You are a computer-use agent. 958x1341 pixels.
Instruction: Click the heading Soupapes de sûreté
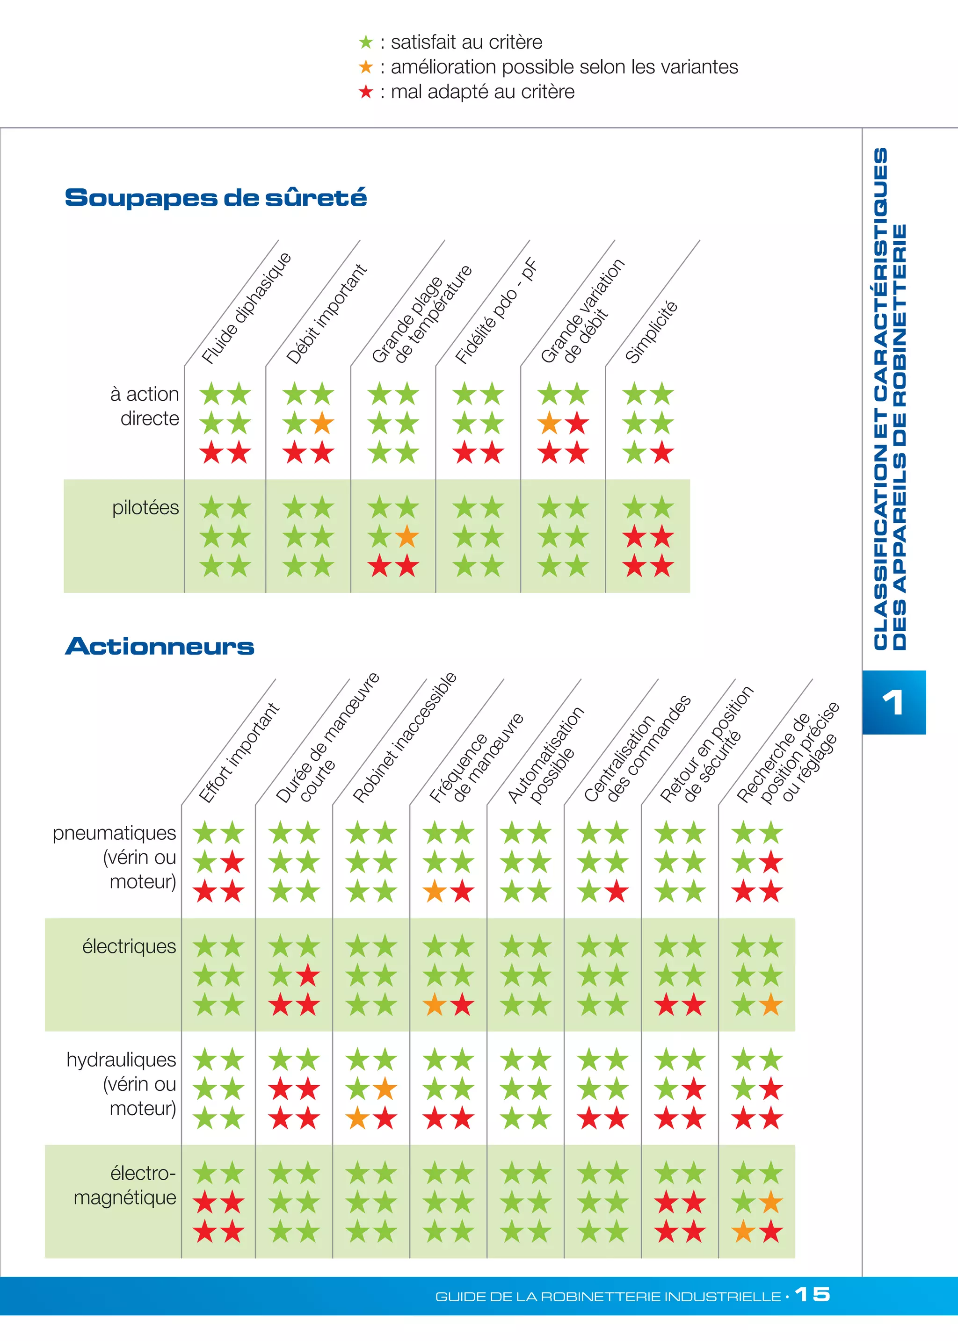[x=215, y=198]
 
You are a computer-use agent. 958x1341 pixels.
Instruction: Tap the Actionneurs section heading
[x=159, y=646]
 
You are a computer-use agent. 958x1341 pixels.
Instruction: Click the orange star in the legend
[x=366, y=67]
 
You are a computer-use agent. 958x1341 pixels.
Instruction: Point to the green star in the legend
[x=366, y=43]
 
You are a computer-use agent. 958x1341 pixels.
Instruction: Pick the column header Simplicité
[x=651, y=332]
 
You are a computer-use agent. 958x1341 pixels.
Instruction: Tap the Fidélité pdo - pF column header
[x=495, y=311]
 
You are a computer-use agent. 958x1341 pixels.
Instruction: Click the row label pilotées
[x=145, y=508]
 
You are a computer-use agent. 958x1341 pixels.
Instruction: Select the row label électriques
[x=129, y=946]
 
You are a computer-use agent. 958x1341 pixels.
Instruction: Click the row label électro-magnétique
[x=125, y=1185]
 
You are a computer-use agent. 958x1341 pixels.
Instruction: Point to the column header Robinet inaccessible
[x=404, y=737]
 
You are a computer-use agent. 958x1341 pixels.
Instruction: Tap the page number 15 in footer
[x=813, y=1294]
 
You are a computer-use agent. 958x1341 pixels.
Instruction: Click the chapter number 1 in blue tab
[x=893, y=702]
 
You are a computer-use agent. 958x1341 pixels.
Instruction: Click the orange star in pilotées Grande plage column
[x=407, y=537]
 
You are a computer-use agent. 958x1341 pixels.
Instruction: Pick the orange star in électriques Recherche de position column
[x=771, y=1005]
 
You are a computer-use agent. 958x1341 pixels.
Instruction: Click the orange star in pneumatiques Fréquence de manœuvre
[x=434, y=891]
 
